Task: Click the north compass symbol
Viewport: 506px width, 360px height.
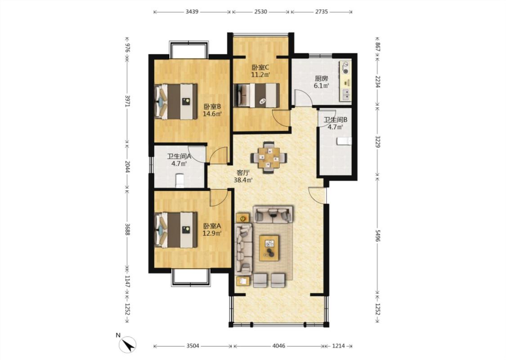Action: click(x=127, y=344)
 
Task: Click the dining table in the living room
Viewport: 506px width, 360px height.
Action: click(x=269, y=157)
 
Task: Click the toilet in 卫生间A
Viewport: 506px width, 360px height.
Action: click(x=179, y=181)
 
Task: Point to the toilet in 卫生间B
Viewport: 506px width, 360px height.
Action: click(x=344, y=141)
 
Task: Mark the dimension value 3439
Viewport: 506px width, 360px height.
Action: click(x=192, y=12)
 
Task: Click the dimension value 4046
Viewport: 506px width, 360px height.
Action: click(x=279, y=346)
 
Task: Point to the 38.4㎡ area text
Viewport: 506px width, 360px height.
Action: click(x=243, y=180)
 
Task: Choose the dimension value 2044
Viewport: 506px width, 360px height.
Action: click(x=127, y=167)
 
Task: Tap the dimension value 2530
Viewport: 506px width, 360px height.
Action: click(x=261, y=12)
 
